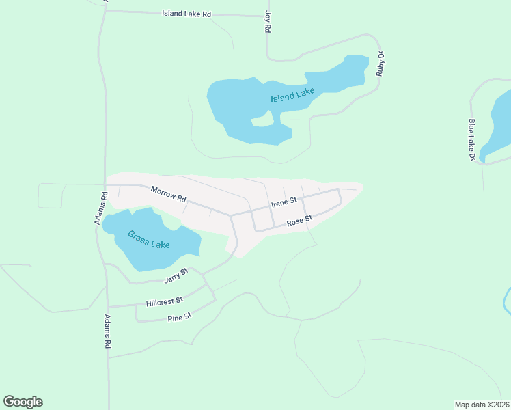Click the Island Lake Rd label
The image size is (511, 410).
(187, 14)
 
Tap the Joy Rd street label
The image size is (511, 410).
(268, 23)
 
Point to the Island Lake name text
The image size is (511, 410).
(292, 96)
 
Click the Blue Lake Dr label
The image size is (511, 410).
(471, 139)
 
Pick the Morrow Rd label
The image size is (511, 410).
(168, 195)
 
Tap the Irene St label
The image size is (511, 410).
(284, 202)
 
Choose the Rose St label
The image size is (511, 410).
(299, 221)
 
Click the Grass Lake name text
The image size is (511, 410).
(148, 240)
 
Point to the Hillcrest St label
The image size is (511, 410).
(164, 301)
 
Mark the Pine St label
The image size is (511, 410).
(179, 317)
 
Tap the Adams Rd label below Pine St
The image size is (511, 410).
(107, 332)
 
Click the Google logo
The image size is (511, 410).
(23, 402)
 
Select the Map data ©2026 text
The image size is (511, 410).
(482, 405)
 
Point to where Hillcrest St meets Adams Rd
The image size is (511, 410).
(107, 306)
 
